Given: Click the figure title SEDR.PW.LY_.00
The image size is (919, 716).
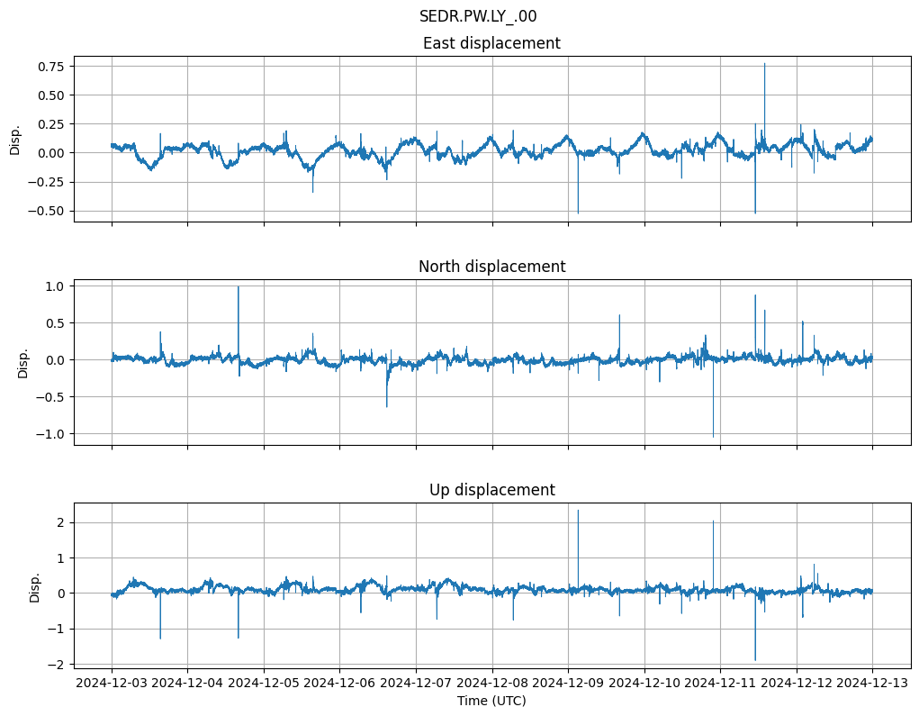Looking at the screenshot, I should (478, 16).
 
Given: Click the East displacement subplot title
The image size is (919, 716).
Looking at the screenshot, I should (491, 43).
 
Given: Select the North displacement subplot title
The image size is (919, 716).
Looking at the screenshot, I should (491, 267).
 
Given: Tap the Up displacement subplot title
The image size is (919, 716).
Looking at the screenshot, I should (491, 490).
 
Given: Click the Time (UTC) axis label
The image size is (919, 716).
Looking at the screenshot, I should (491, 700).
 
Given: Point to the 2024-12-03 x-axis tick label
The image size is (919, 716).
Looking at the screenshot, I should (112, 683).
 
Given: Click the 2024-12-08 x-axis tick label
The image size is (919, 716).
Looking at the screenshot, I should (492, 683).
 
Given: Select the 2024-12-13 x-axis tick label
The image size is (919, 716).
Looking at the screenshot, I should (872, 683).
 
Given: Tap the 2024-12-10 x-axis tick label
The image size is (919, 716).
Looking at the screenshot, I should (644, 683).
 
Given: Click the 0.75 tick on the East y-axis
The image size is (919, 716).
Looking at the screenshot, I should (52, 67).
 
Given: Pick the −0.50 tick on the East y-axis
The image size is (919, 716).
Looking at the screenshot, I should (49, 211).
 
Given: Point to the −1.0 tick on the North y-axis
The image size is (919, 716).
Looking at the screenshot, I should (52, 434).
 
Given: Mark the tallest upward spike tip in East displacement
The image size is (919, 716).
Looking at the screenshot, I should (764, 63).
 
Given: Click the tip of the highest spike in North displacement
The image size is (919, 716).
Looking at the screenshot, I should (239, 286).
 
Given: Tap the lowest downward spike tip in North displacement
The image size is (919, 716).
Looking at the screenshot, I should (713, 437).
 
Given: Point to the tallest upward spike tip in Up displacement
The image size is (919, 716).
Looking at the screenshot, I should (578, 510).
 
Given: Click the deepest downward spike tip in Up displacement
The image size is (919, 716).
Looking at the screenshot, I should (755, 660).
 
